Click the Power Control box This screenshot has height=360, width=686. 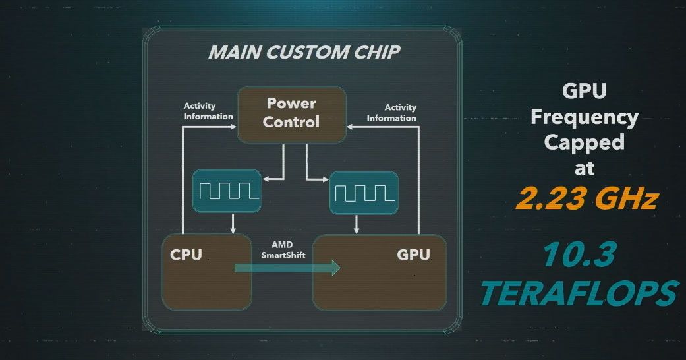[291, 114]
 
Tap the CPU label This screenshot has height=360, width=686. [186, 255]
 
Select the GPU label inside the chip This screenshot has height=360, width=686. [413, 255]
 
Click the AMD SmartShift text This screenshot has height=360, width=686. [283, 250]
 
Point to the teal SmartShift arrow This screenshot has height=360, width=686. [287, 268]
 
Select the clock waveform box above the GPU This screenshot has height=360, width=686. [364, 193]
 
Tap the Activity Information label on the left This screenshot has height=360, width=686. [208, 111]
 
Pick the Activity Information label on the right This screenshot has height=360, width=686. [391, 113]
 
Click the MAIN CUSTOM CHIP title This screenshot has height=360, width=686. [304, 52]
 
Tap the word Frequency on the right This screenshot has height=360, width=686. [584, 117]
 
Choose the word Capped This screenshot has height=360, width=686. [584, 142]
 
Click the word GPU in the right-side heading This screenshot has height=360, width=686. [584, 92]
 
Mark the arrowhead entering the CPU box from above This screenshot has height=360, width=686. [233, 230]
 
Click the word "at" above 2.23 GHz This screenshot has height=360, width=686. [584, 167]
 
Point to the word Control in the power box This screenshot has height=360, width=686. [291, 122]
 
